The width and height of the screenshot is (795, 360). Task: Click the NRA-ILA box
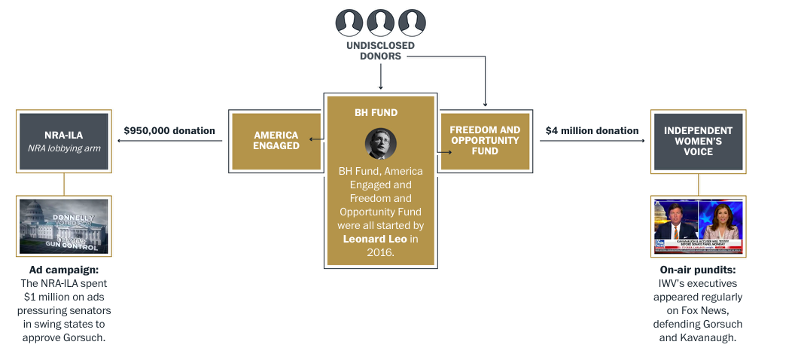pyautogui.click(x=63, y=142)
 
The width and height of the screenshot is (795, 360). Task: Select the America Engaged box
pyautogui.click(x=276, y=141)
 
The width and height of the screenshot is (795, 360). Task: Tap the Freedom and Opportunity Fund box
pyautogui.click(x=485, y=141)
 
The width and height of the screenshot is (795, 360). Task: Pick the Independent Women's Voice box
pyautogui.click(x=698, y=142)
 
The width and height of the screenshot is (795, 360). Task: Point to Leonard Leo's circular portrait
pyautogui.click(x=380, y=144)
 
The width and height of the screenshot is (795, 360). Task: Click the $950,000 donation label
pyautogui.click(x=169, y=131)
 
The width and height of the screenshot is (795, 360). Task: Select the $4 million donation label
pyautogui.click(x=592, y=131)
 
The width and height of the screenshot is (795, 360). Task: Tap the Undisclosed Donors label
pyautogui.click(x=380, y=50)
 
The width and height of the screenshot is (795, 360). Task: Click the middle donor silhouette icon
pyautogui.click(x=380, y=23)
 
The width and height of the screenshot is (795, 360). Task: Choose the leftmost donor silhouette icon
pyautogui.click(x=349, y=23)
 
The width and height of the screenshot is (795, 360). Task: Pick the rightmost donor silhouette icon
pyautogui.click(x=412, y=23)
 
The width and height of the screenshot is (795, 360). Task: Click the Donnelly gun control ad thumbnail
pyautogui.click(x=64, y=227)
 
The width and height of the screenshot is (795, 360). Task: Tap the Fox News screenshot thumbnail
pyautogui.click(x=698, y=227)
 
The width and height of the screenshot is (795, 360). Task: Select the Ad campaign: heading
pyautogui.click(x=63, y=269)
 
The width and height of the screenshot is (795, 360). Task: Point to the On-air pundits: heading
pyautogui.click(x=698, y=269)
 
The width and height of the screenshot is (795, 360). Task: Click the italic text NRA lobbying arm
pyautogui.click(x=63, y=148)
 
